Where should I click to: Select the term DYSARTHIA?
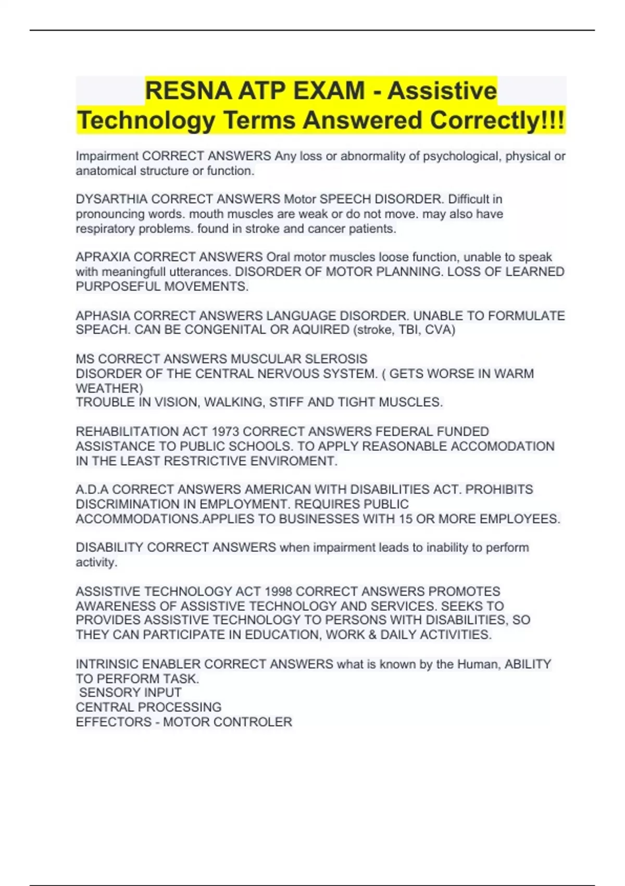pyautogui.click(x=111, y=199)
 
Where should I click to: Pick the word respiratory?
pyautogui.click(x=105, y=229)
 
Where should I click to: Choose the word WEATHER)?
pyautogui.click(x=109, y=388)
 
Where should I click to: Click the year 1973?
pyautogui.click(x=224, y=432)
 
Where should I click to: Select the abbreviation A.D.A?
pyautogui.click(x=92, y=489)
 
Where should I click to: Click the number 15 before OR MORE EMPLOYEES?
pyautogui.click(x=406, y=519)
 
